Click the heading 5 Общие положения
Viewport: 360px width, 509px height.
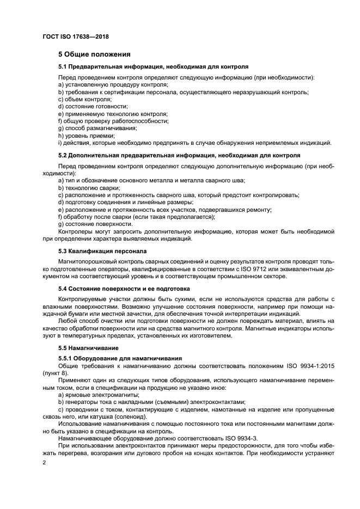[x=94, y=54]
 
